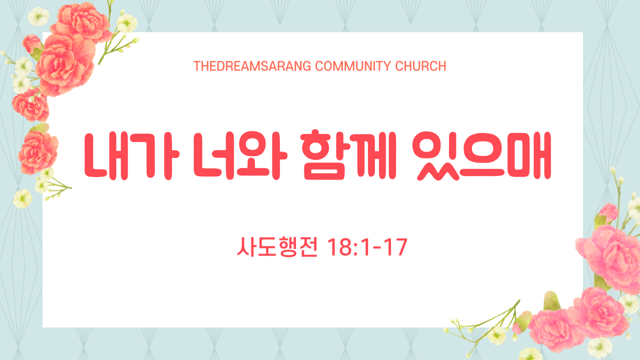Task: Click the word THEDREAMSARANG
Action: pos(252,66)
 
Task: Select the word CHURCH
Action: pos(420,66)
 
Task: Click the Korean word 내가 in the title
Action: pos(131,156)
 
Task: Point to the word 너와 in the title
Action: pos(240,155)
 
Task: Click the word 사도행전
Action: pos(277,247)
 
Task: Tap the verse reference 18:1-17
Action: pos(367,247)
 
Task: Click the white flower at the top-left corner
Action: pos(38,16)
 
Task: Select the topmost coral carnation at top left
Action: pos(81,21)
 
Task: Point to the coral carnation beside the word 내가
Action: pos(37,152)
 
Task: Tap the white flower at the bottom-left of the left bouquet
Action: pos(22,198)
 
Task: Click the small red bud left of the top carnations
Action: pos(31,43)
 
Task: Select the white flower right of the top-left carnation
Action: pos(126,23)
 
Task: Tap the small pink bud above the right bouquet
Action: pos(608,213)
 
